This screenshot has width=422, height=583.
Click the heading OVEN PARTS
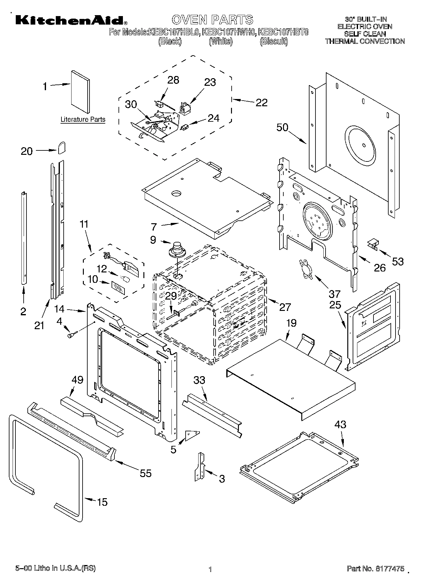coord(212,20)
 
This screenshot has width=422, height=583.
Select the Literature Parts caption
coord(83,120)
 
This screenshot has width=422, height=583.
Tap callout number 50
coord(282,127)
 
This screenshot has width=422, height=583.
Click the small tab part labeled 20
coord(61,147)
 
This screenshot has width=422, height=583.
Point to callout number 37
coord(334,294)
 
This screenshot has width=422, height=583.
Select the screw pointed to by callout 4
coord(71,335)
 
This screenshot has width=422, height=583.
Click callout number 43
coord(340,424)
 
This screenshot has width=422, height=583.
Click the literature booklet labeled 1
coord(80,91)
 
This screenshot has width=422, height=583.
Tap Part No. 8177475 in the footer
coord(375,568)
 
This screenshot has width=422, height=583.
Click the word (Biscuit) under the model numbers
coord(274,42)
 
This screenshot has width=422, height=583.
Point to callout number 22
coord(261,102)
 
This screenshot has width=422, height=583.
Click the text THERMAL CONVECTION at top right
coord(365,41)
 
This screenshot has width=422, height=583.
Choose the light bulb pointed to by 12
coord(126,279)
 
